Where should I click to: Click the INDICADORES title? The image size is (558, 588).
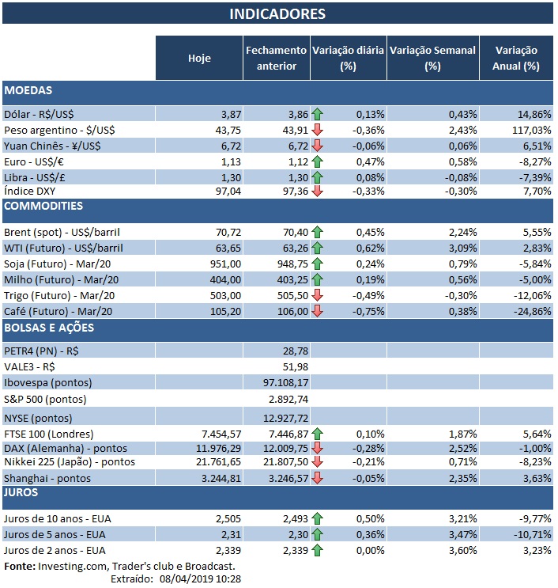tap(277, 14)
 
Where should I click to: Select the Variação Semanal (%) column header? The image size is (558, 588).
tap(432, 58)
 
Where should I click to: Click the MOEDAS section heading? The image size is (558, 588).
tap(28, 91)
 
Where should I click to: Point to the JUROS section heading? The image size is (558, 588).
tap(24, 492)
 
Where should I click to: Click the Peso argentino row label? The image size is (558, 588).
tap(53, 130)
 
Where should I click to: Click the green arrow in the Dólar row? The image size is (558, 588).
tap(318, 114)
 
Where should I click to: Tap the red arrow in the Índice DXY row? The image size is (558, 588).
tap(318, 192)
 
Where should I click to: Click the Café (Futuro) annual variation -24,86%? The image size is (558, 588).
tap(529, 310)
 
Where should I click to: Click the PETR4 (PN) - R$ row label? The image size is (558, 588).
tap(41, 350)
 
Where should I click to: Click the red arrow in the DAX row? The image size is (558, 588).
tap(318, 447)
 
